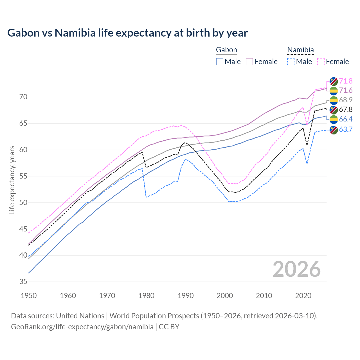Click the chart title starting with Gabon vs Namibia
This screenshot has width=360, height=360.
click(127, 33)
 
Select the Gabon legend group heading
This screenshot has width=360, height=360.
click(226, 50)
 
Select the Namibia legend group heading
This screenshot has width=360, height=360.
click(300, 50)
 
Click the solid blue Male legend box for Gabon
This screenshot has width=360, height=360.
click(220, 62)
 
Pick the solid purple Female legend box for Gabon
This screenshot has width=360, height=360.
click(249, 62)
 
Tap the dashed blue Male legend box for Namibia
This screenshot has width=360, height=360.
click(291, 62)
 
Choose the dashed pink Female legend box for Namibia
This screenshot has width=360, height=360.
click(321, 62)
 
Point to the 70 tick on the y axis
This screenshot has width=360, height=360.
click(23, 97)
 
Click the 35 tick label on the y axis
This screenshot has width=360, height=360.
click(23, 282)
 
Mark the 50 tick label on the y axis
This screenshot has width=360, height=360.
click(23, 202)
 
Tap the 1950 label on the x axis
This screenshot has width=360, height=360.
click(29, 296)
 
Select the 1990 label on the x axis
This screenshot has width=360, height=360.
click(186, 296)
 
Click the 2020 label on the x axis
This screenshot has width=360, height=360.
click(303, 296)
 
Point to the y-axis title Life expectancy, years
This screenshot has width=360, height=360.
click(12, 180)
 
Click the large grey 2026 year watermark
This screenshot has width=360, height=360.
click(296, 269)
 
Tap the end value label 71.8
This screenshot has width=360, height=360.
click(346, 81)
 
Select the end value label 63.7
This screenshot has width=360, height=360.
click(346, 130)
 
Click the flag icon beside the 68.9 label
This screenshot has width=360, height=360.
click(334, 100)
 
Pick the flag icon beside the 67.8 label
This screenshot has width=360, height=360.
click(334, 110)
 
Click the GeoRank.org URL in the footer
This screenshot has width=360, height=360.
click(82, 327)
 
